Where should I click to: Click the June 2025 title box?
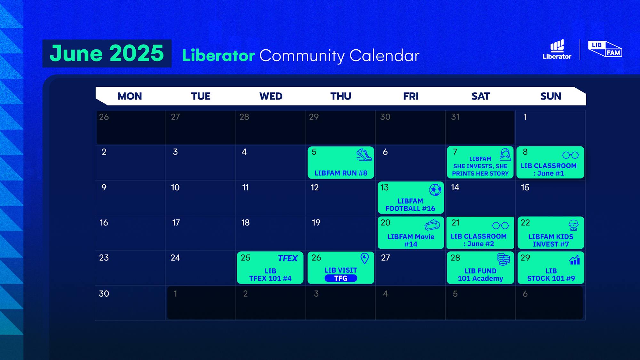pyautogui.click(x=107, y=53)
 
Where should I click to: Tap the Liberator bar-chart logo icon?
pyautogui.click(x=557, y=46)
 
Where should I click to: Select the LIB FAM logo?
pyautogui.click(x=605, y=49)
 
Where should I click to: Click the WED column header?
pyautogui.click(x=271, y=96)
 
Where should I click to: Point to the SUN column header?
pyautogui.click(x=551, y=96)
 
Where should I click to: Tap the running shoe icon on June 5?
pyautogui.click(x=364, y=155)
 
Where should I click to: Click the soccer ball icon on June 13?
pyautogui.click(x=435, y=190)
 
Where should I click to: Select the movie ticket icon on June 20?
pyautogui.click(x=432, y=225)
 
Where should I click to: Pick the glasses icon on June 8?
pyautogui.click(x=571, y=155)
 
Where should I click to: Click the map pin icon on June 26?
pyautogui.click(x=364, y=258)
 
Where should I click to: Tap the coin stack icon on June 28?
pyautogui.click(x=504, y=259)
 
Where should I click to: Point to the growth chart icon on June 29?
pyautogui.click(x=575, y=260)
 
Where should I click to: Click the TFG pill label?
pyautogui.click(x=341, y=278)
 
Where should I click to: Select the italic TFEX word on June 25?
pyautogui.click(x=288, y=258)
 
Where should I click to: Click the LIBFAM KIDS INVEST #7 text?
pyautogui.click(x=551, y=240)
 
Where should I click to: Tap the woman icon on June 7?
pyautogui.click(x=505, y=155)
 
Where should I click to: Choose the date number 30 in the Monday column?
pyautogui.click(x=104, y=294)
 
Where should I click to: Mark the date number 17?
pyautogui.click(x=176, y=223)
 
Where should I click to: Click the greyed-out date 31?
pyautogui.click(x=455, y=117)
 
